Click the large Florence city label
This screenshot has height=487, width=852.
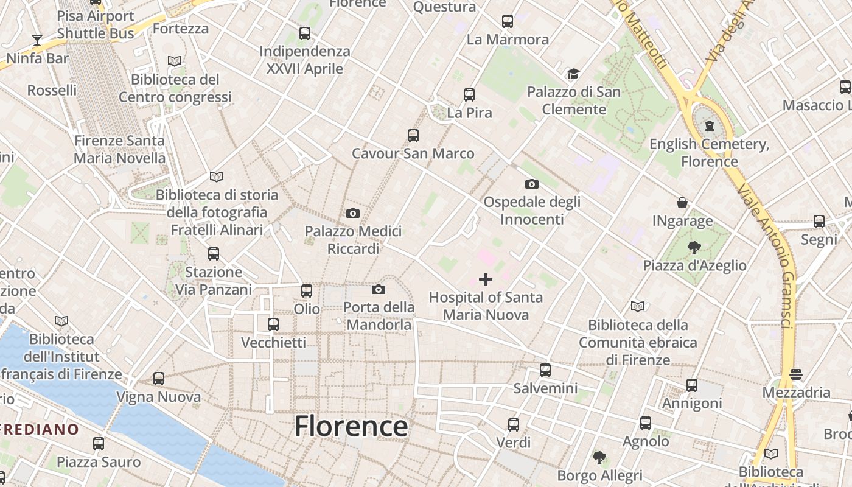351,426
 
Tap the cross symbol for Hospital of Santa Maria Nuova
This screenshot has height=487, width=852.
486,279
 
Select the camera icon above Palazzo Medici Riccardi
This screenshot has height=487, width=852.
352,213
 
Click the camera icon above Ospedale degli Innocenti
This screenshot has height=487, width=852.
531,184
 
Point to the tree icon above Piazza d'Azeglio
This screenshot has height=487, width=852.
694,247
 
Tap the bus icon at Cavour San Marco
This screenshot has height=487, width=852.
413,135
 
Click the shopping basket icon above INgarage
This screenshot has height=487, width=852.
682,203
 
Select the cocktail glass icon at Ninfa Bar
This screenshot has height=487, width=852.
37,40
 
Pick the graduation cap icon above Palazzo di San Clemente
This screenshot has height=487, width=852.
573,74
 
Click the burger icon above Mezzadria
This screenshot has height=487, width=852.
796,374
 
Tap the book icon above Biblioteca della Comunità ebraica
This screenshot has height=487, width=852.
638,306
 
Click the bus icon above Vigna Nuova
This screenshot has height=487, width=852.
159,379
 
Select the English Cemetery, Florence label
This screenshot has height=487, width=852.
709,153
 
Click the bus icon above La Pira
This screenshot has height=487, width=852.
469,95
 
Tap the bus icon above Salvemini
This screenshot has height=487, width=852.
545,370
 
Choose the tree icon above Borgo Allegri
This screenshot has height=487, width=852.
599,457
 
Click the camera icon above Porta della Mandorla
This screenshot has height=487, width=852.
379,289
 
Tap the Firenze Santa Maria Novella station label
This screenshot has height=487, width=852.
119,149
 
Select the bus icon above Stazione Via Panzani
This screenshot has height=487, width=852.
213,253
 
